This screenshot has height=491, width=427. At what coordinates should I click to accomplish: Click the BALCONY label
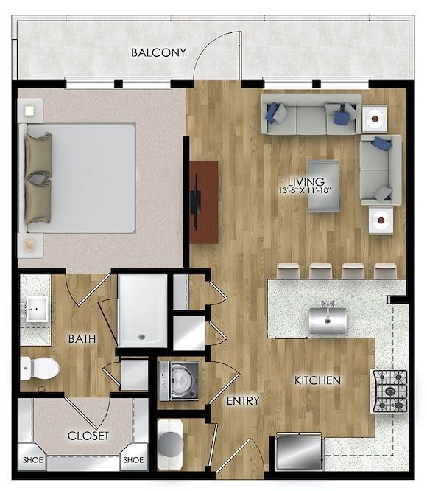[x=158, y=53]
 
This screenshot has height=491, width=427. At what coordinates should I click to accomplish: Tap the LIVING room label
[x=306, y=181]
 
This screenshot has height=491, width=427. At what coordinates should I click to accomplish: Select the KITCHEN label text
[x=317, y=380]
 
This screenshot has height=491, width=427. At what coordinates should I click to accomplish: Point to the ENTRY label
[x=243, y=401]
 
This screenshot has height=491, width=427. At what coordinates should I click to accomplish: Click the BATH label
[x=81, y=339]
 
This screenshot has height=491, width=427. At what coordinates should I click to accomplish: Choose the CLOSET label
[x=88, y=436]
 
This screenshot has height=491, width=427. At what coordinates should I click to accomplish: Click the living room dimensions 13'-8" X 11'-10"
[x=306, y=190]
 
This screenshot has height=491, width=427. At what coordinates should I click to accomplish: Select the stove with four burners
[x=391, y=391]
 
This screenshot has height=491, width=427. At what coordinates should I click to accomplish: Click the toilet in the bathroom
[x=40, y=367]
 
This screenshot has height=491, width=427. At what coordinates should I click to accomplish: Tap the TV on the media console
[x=197, y=202]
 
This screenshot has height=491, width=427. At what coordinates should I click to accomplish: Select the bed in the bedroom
[x=81, y=177]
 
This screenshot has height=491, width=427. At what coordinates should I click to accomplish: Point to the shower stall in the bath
[x=143, y=310]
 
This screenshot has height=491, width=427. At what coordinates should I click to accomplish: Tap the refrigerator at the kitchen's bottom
[x=298, y=451]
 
